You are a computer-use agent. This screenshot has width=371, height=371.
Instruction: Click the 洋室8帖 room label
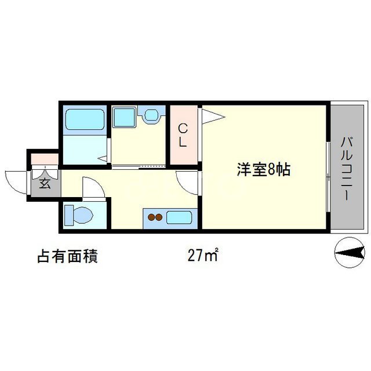(263, 170)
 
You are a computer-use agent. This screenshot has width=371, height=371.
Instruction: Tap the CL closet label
(182, 135)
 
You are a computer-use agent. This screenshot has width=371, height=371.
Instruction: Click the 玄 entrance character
(45, 185)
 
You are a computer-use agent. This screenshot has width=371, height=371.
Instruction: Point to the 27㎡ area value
(202, 255)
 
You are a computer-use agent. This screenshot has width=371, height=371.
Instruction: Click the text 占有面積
(67, 256)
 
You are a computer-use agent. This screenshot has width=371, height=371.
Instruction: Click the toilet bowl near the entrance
(79, 215)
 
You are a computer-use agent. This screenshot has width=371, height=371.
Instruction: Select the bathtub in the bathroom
(85, 119)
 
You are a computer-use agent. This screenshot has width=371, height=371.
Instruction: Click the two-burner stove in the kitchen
(155, 218)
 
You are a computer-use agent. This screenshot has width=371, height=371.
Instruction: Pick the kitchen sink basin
(181, 218)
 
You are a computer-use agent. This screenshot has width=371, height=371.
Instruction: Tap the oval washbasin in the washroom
(152, 115)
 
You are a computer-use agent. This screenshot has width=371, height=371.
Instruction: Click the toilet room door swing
(92, 187)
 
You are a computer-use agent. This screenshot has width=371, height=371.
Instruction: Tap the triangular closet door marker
(212, 117)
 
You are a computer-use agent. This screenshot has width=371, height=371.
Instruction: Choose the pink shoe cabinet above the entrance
(43, 158)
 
